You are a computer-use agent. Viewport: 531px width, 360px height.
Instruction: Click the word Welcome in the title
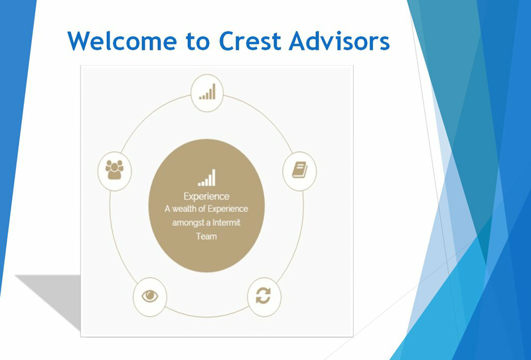click(122, 41)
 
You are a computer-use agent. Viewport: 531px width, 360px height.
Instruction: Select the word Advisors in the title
click(339, 41)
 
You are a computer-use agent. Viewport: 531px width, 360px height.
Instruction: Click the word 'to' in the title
click(198, 41)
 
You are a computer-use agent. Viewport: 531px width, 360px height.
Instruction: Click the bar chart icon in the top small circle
click(207, 92)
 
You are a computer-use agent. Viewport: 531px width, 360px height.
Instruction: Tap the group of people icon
click(114, 169)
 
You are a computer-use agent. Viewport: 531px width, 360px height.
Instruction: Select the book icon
click(300, 169)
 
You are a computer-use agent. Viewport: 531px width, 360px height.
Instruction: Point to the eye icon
click(150, 296)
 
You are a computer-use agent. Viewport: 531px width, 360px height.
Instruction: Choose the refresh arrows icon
click(263, 296)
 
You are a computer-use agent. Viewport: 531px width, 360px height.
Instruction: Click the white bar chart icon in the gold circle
click(206, 177)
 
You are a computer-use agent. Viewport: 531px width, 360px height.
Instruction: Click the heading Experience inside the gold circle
click(206, 196)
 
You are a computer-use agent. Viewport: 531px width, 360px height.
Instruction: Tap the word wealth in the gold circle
click(185, 209)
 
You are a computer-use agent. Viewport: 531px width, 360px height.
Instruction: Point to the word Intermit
click(226, 223)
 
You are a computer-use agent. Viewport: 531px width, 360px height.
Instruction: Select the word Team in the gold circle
click(206, 236)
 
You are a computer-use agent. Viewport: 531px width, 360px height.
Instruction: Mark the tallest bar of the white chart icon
click(213, 177)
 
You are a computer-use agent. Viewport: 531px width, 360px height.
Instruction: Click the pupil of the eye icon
click(150, 296)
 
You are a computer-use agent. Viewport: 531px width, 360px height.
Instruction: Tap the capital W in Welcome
click(80, 41)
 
